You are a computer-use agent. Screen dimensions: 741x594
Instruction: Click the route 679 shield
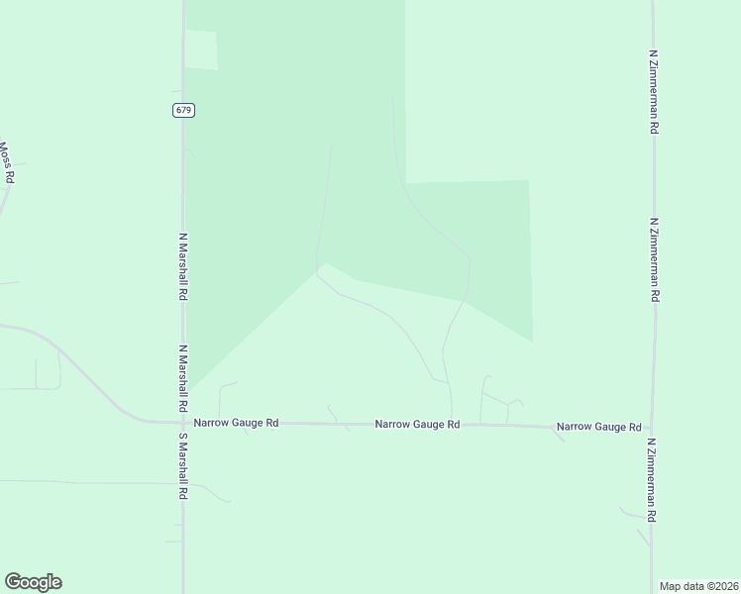tap(182, 110)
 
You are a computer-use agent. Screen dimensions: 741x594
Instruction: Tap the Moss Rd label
tap(7, 162)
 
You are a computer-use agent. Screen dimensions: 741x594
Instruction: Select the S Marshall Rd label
tap(183, 465)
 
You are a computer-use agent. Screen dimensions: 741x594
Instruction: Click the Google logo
tap(33, 582)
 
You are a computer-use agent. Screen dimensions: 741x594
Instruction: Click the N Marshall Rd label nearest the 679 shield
tap(183, 266)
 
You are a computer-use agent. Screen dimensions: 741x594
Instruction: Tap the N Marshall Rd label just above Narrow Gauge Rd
tap(183, 378)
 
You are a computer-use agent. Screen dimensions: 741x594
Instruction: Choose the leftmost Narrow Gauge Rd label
tap(236, 423)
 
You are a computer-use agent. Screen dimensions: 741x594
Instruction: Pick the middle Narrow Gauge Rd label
tap(417, 425)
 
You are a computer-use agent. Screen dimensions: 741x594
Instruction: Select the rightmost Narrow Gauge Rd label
tap(598, 427)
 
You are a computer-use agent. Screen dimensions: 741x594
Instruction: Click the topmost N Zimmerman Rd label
tap(654, 93)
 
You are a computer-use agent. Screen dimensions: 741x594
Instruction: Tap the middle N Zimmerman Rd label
tap(654, 260)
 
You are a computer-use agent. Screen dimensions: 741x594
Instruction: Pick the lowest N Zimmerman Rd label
tap(652, 481)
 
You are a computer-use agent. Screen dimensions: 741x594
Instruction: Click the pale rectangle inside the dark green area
tap(201, 49)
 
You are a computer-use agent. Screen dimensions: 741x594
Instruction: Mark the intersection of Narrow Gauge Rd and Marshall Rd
tap(183, 422)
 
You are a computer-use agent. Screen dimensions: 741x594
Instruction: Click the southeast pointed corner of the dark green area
tap(532, 341)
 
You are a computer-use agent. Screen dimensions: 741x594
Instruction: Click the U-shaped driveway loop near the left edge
tap(48, 372)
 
